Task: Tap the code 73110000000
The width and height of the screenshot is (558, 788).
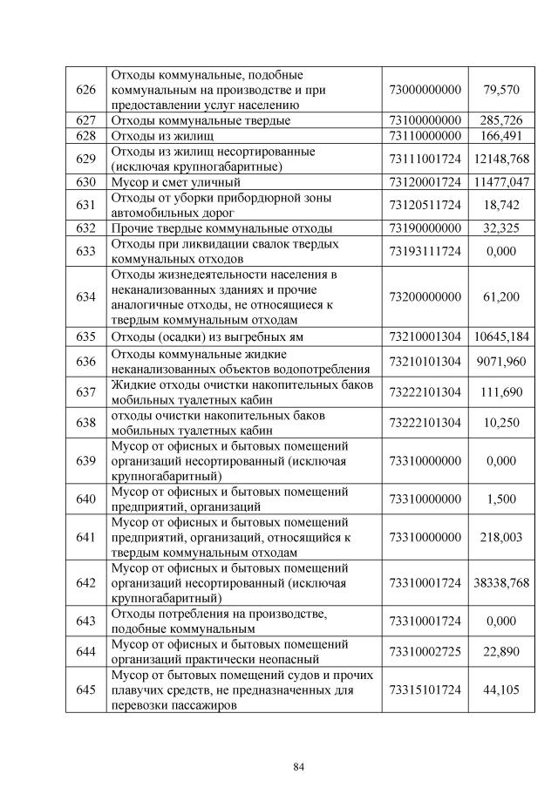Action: coord(424,135)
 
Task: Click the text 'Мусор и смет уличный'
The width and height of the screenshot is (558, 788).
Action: coord(174,182)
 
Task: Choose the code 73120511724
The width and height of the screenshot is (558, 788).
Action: coord(424,205)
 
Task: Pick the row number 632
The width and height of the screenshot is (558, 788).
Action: coord(85,228)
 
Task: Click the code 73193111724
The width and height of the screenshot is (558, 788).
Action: coord(424,251)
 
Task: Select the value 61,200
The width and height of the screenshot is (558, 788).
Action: coord(501,297)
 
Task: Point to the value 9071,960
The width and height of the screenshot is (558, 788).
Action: coord(501,361)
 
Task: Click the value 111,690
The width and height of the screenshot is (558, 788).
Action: coord(501,392)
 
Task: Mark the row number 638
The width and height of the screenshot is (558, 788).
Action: coord(85,423)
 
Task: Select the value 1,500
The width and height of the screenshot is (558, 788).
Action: coord(501,499)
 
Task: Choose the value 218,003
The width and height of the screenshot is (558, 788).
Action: coord(501,538)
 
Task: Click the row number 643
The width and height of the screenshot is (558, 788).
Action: coord(85,622)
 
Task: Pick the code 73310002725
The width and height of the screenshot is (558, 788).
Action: coord(424,652)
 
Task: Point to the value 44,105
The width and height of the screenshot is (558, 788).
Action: coord(501,689)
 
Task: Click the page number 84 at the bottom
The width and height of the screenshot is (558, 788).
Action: coord(298,767)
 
